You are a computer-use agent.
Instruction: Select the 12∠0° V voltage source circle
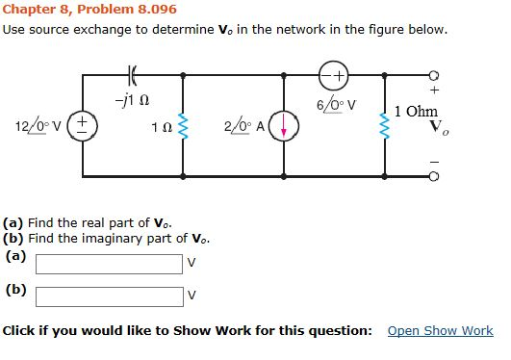pos(84,126)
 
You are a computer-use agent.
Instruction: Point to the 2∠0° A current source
pos(279,126)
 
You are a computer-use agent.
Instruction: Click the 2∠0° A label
pos(244,126)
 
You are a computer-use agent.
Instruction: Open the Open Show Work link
pos(440,331)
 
